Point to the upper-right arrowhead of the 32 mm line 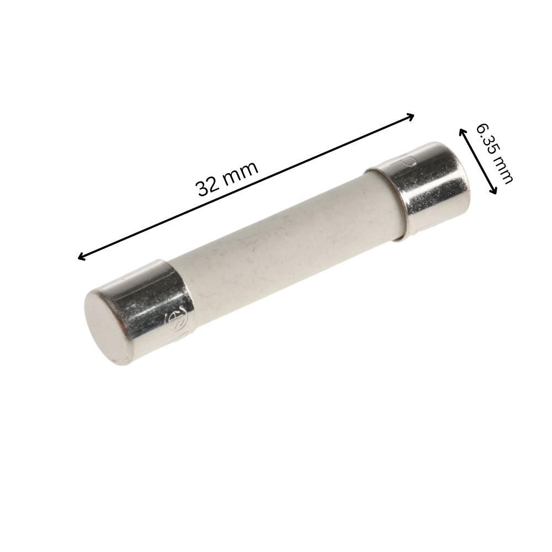411,115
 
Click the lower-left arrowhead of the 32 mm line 81,257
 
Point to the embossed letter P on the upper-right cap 409,163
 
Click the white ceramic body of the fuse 287,248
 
